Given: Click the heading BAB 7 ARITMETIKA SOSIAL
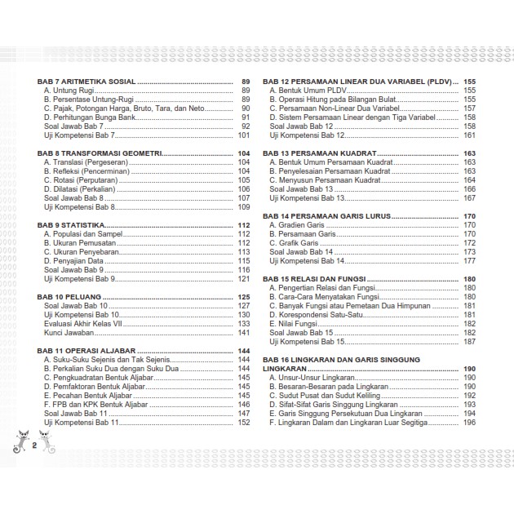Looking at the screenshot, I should point(86,82).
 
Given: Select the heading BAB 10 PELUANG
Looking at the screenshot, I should point(72,297).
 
